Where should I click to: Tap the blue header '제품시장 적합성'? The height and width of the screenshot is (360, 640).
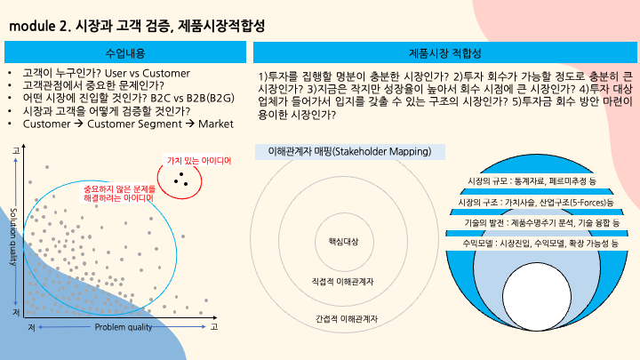pyautogui.click(x=444, y=53)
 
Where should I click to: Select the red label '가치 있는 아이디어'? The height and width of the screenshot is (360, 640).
pyautogui.click(x=199, y=161)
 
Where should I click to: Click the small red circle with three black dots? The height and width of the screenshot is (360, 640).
pyautogui.click(x=182, y=180)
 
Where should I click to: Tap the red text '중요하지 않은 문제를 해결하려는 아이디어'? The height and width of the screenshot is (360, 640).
pyautogui.click(x=118, y=194)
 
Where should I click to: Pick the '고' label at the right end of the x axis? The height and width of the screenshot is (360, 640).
pyautogui.click(x=214, y=328)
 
